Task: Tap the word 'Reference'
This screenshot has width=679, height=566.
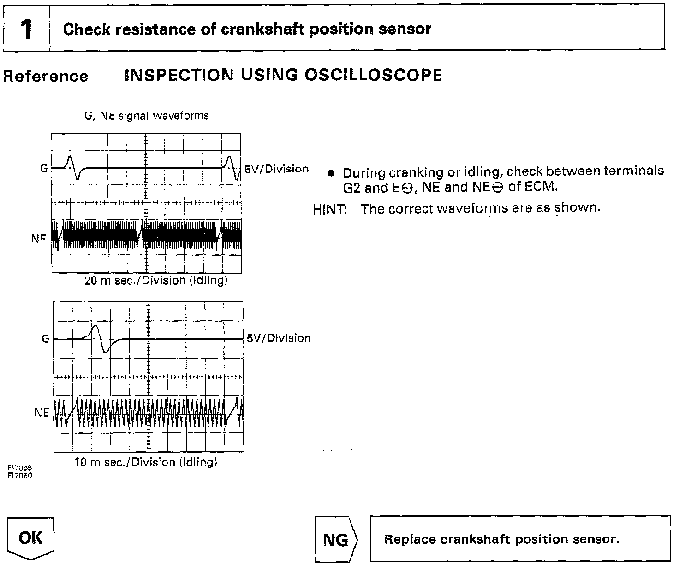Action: pos(45,76)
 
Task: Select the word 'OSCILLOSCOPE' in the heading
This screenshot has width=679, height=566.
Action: pos(374,75)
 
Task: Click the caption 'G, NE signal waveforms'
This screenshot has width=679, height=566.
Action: pos(147,116)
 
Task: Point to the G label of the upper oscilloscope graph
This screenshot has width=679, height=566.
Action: pos(44,168)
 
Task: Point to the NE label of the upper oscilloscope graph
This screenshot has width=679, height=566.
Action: pos(39,238)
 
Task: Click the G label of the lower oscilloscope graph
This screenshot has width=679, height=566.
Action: pos(46,339)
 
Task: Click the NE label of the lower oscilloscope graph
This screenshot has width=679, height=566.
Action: pos(42,413)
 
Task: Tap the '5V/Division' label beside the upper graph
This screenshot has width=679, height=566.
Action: pos(276,169)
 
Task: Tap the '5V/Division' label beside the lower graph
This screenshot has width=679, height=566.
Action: pos(279,338)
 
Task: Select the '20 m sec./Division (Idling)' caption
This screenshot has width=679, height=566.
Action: pos(156,280)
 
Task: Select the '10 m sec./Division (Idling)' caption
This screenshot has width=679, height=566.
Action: pos(146,462)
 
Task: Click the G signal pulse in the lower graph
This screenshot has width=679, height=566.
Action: pos(101,339)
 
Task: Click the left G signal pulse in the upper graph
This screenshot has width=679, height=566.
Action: pos(74,167)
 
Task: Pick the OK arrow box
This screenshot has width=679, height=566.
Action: pos(30,538)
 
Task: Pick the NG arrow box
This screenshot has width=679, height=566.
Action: pos(336,539)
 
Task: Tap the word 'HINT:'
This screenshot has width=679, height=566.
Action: pos(330,210)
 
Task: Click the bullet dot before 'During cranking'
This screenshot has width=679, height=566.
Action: pos(331,173)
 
